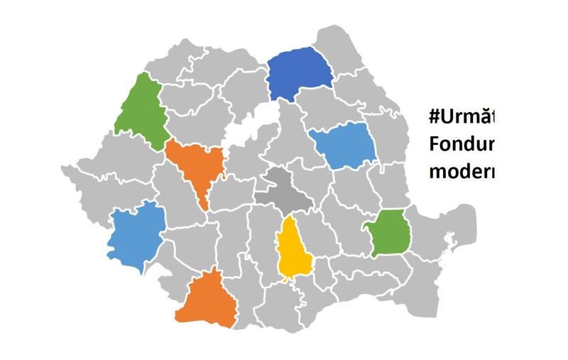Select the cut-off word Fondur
coord(461,143)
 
